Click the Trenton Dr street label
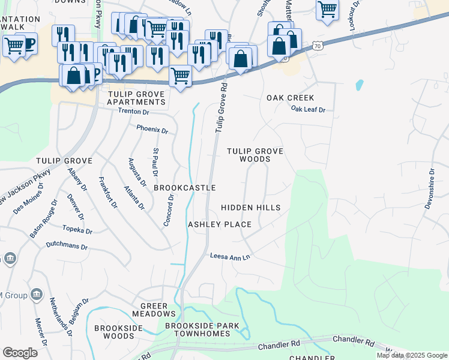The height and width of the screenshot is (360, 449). [133, 112]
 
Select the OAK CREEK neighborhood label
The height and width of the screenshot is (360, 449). [291, 98]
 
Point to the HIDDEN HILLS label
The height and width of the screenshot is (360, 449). [250, 208]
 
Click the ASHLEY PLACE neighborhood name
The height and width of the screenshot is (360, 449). [220, 224]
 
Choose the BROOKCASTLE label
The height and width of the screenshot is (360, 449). [184, 188]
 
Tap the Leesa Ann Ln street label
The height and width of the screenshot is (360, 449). [229, 257]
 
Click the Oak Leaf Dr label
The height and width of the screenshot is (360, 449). [308, 110]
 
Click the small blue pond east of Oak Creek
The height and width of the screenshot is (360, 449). [359, 85]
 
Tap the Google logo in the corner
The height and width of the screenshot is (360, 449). [20, 353]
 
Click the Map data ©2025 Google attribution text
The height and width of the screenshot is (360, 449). [412, 355]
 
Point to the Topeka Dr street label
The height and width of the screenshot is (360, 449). [77, 230]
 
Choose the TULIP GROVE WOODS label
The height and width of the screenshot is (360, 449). [255, 155]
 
